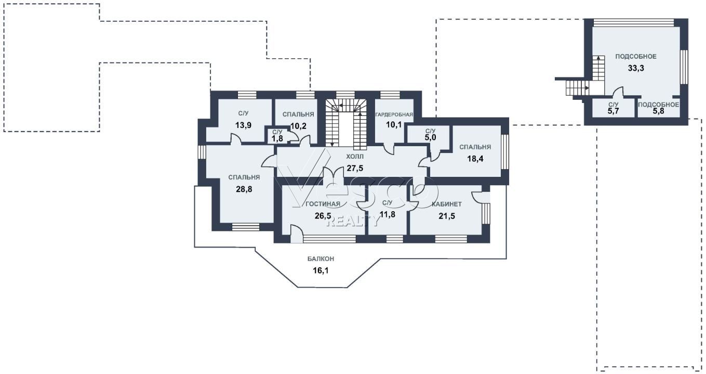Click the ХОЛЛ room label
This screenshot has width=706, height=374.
(355, 157)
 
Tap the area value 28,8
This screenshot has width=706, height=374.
(244, 189)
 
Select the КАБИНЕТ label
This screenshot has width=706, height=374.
(447, 204)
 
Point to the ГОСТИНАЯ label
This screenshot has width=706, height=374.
(323, 204)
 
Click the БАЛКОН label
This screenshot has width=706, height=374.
(321, 259)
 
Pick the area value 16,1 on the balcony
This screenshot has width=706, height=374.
(321, 270)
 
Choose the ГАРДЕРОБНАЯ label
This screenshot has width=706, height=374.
(394, 114)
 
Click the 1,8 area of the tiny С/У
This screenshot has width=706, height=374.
(277, 138)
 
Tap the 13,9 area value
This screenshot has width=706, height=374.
(243, 125)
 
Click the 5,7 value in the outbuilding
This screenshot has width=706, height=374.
(614, 111)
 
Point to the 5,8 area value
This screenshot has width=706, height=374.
(658, 111)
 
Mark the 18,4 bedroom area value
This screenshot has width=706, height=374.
(475, 159)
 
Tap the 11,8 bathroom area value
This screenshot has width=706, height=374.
(388, 215)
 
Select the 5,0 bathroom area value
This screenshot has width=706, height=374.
(430, 137)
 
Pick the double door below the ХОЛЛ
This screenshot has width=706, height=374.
(333, 174)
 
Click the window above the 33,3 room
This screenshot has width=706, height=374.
(634, 23)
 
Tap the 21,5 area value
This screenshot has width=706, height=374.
(447, 216)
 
